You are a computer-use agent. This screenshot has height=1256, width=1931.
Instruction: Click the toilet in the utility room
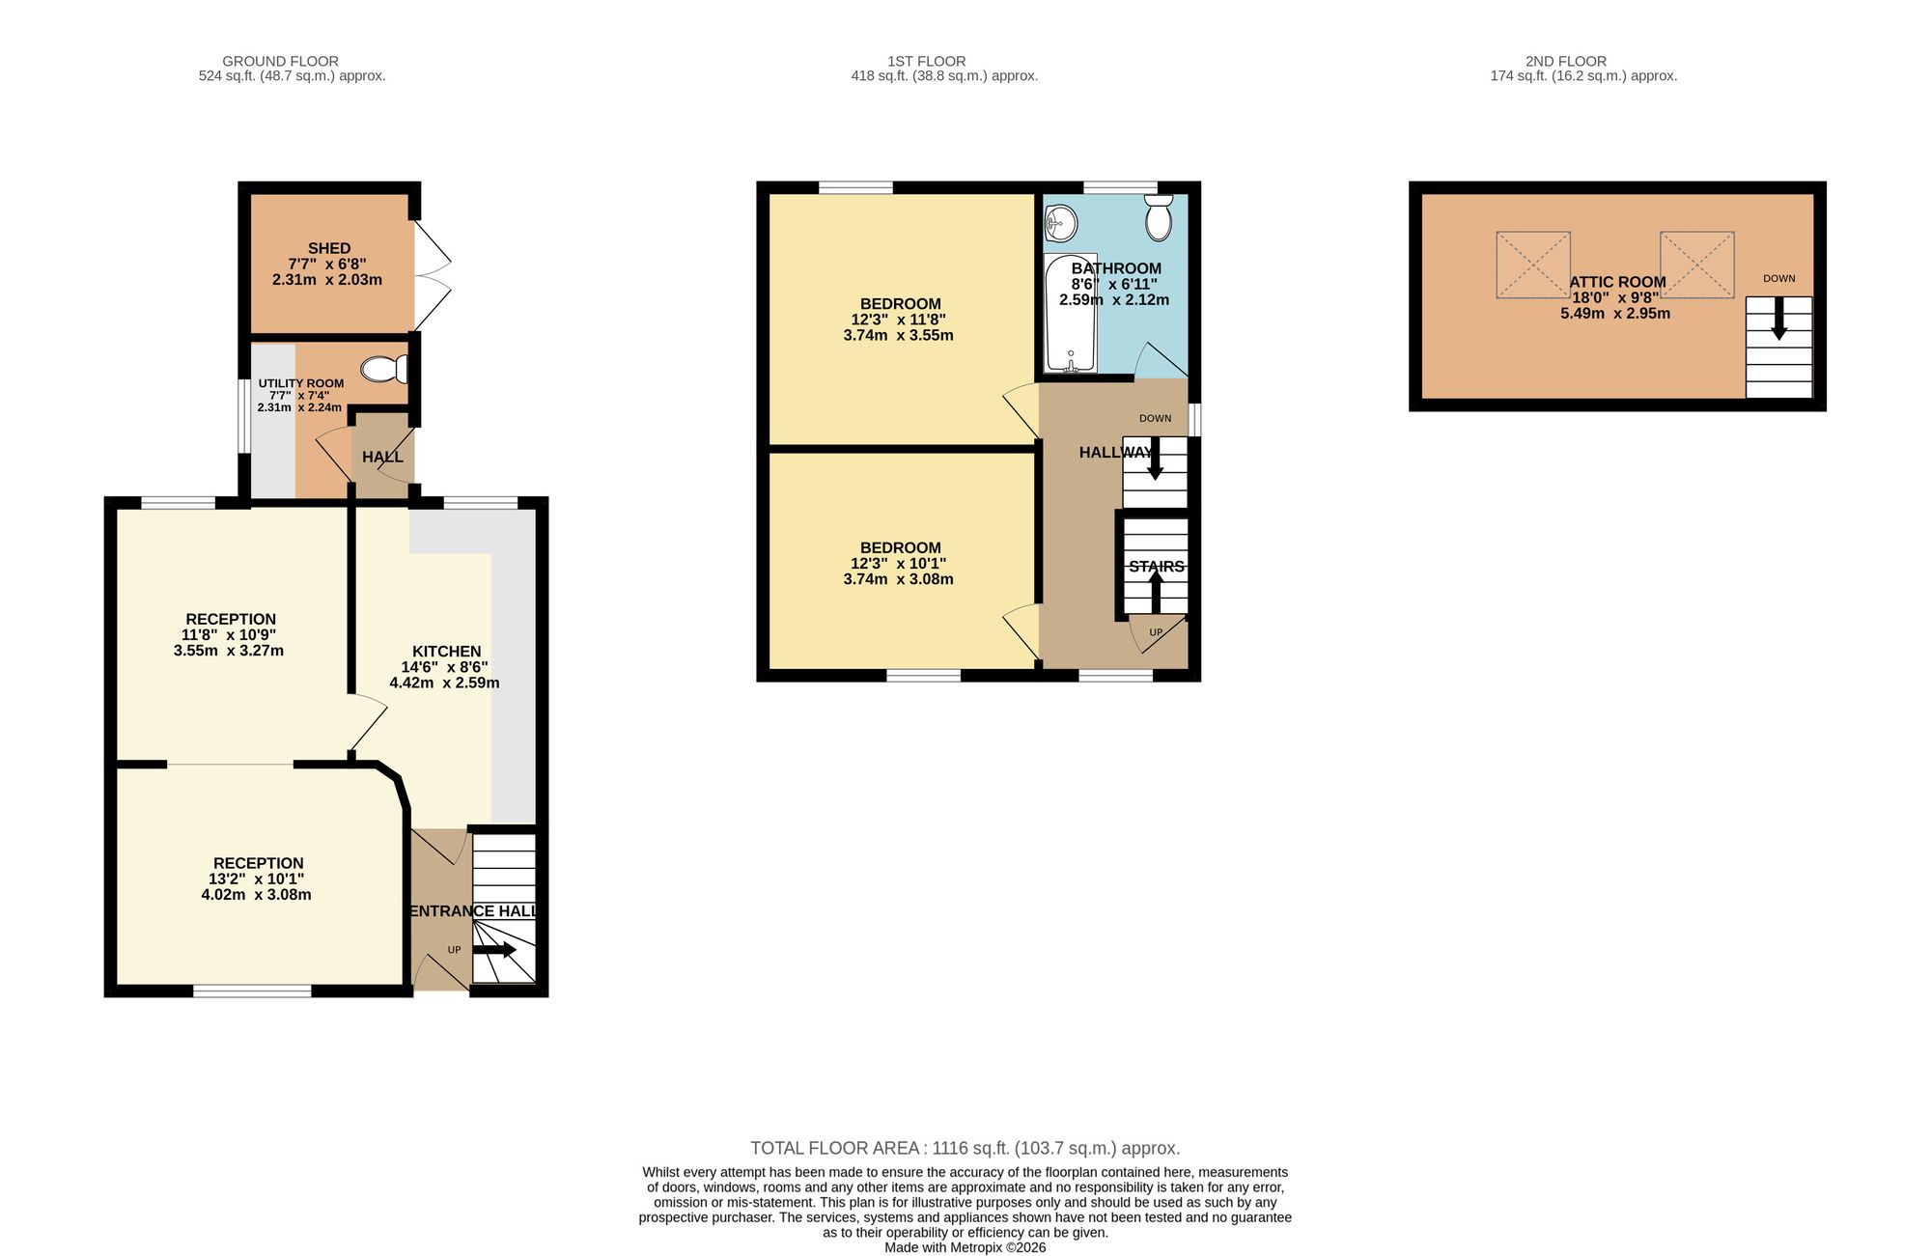tap(384, 369)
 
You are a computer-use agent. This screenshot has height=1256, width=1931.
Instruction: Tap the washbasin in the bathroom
tap(1060, 224)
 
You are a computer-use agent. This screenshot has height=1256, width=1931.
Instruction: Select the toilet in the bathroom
tap(1159, 217)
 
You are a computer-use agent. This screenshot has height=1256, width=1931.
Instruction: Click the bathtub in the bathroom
tap(1071, 313)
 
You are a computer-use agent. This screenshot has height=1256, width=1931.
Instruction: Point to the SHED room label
tap(329, 248)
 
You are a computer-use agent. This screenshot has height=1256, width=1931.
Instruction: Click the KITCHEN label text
tap(446, 651)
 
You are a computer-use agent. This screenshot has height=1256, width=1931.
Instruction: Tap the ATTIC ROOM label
tap(1617, 282)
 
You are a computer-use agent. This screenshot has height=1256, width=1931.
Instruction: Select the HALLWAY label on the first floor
tap(1115, 452)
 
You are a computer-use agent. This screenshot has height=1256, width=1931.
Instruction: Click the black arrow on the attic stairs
tap(1778, 318)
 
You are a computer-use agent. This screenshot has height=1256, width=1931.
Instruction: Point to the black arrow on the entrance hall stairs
tap(494, 950)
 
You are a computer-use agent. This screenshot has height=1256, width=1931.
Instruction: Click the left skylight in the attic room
tap(1533, 265)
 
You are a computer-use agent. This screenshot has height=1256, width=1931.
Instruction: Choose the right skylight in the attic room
tap(1696, 265)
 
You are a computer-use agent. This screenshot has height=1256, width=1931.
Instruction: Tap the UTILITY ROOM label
tap(301, 383)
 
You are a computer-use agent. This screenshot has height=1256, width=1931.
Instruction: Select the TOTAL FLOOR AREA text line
tap(965, 1148)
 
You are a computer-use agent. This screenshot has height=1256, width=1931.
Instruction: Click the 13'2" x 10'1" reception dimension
tap(256, 879)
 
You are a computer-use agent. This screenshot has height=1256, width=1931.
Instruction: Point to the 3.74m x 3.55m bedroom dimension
tap(898, 335)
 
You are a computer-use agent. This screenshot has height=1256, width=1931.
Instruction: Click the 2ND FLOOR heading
tap(1566, 61)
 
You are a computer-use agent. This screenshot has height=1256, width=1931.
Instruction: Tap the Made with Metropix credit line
tap(965, 1247)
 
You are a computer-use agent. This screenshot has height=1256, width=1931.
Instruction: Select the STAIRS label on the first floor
tap(1157, 567)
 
